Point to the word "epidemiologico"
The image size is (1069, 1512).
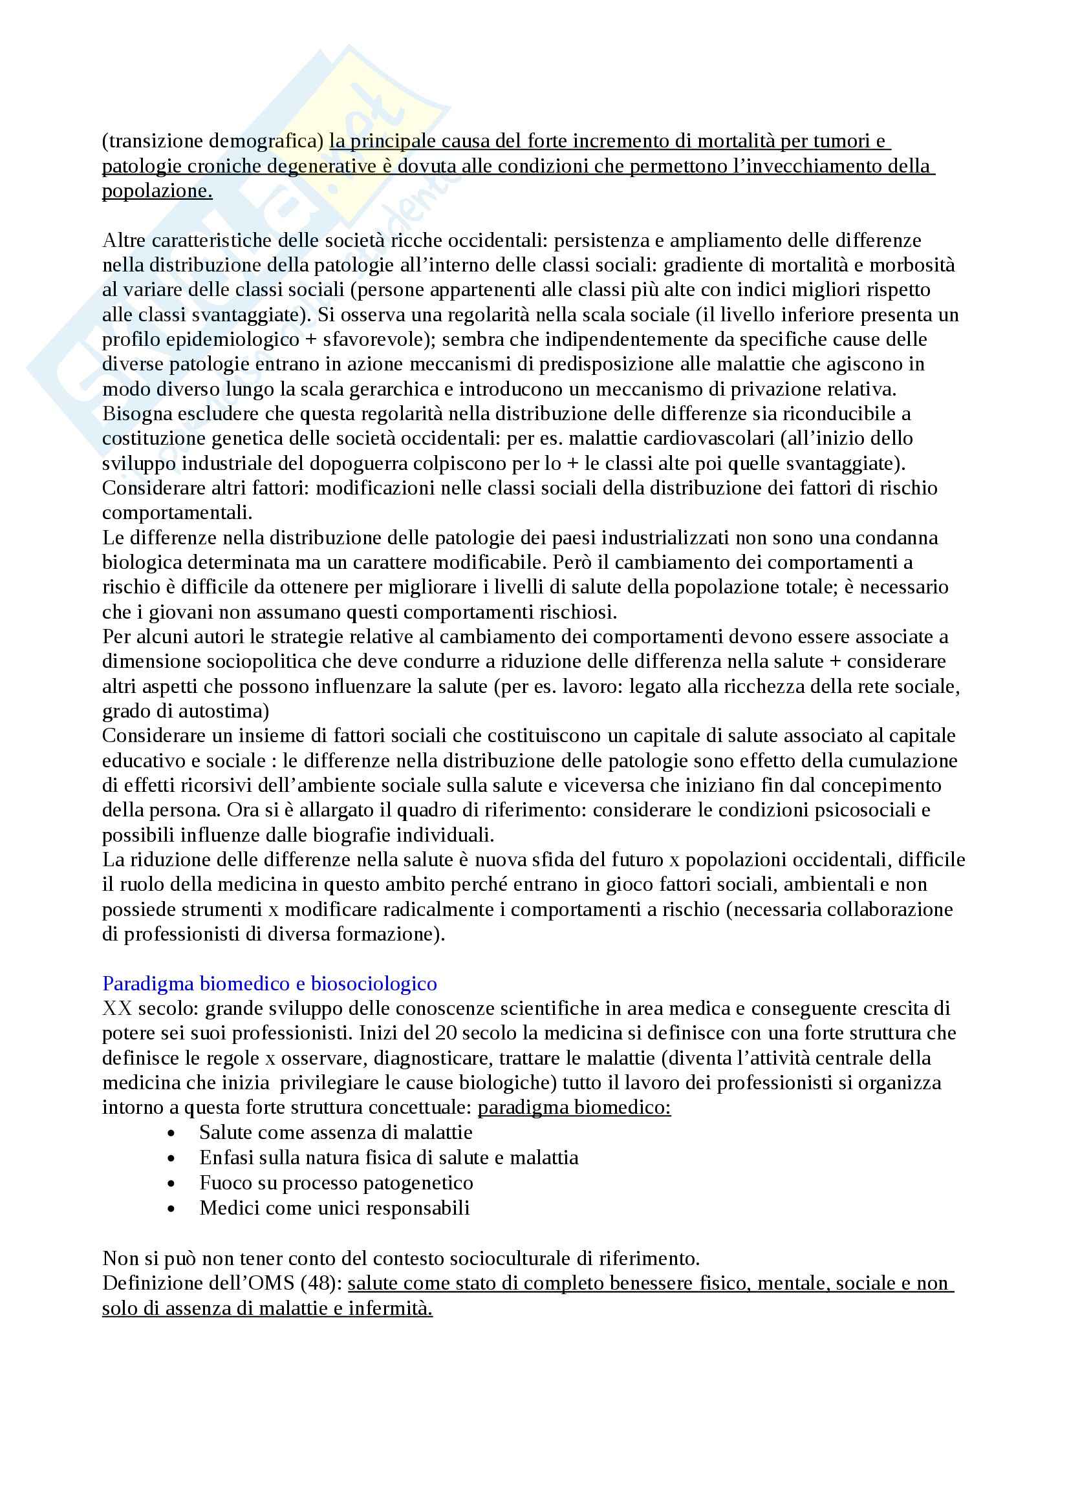(x=225, y=340)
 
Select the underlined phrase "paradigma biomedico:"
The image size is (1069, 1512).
(x=574, y=1108)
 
